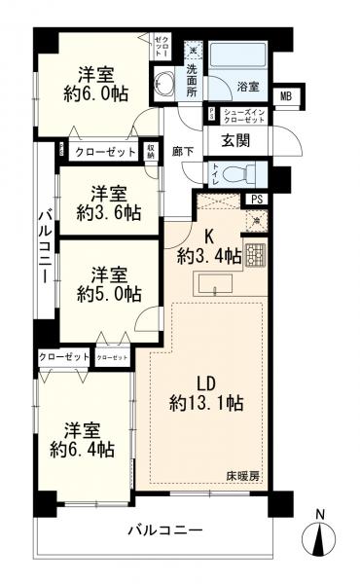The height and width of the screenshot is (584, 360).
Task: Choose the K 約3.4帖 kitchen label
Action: pyautogui.click(x=204, y=248)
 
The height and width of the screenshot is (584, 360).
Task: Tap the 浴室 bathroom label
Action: pyautogui.click(x=248, y=88)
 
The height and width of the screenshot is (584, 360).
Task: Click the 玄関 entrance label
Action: pyautogui.click(x=235, y=140)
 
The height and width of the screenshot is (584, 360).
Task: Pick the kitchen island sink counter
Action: pyautogui.click(x=215, y=285)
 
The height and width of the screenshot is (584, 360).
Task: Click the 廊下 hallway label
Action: pyautogui.click(x=182, y=152)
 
